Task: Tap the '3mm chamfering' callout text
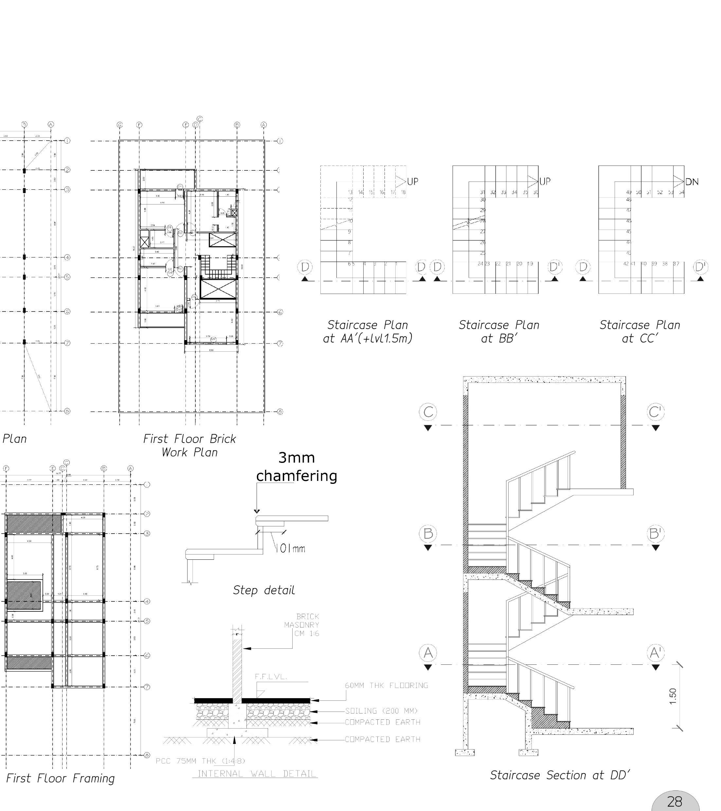tap(296, 467)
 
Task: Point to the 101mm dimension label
tap(291, 549)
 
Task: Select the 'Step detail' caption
tap(264, 590)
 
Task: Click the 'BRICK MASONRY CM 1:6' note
tap(302, 625)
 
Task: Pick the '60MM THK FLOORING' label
tap(386, 685)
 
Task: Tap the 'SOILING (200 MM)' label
tap(381, 711)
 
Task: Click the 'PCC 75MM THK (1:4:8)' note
tap(201, 761)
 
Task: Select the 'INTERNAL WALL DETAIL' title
tap(257, 773)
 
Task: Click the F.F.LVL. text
tap(270, 677)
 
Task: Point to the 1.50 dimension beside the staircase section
tap(672, 696)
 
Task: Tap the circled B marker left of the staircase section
tap(428, 533)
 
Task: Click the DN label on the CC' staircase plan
tap(692, 182)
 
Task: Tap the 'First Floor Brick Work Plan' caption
tap(189, 445)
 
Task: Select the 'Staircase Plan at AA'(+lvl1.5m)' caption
tap(368, 331)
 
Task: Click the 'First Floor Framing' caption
tap(60, 778)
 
